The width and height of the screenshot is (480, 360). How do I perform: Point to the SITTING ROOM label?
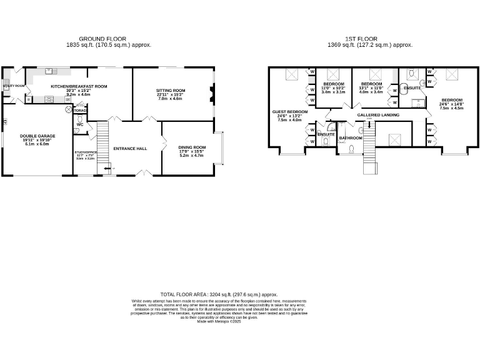tap(171, 91)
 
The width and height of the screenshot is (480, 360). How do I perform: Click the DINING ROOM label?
tap(192, 147)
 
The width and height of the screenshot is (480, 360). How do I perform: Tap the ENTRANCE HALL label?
tap(129, 149)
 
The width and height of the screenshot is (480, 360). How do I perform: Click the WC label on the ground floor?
tap(79, 124)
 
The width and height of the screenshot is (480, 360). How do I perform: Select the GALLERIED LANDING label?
tap(378, 116)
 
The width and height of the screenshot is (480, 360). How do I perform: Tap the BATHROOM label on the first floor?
tap(351, 137)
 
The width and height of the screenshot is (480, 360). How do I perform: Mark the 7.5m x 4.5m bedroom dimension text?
tap(451, 107)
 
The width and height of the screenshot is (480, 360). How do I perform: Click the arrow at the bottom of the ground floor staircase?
tap(107, 169)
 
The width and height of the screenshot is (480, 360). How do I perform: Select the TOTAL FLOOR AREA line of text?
tap(219, 294)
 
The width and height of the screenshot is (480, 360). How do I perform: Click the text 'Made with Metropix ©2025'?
tap(219, 321)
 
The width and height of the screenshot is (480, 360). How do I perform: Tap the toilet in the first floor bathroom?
tap(352, 149)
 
